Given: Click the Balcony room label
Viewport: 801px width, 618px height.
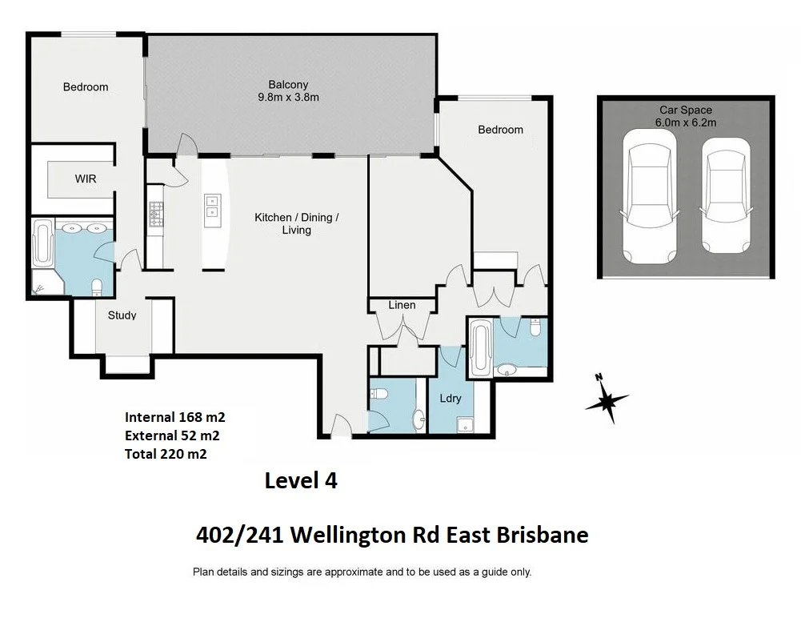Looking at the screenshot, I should (x=288, y=85).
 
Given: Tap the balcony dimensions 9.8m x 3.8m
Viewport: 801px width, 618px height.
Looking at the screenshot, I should (x=288, y=98).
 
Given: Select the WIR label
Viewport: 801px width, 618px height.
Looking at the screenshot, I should (x=86, y=179).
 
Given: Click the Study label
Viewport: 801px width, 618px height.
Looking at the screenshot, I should (x=122, y=315).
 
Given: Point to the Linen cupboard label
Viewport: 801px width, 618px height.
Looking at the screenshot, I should (x=402, y=305).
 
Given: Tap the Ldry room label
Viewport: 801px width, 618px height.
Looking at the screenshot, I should (x=451, y=398).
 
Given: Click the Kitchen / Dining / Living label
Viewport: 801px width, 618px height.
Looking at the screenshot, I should (x=296, y=223).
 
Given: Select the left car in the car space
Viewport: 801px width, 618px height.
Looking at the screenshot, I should (x=649, y=197).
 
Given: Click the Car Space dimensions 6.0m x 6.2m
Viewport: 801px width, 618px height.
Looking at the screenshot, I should (x=686, y=122).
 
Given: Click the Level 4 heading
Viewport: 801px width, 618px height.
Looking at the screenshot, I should (x=301, y=481).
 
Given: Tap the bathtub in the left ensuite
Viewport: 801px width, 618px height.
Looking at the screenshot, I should (x=43, y=245).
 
